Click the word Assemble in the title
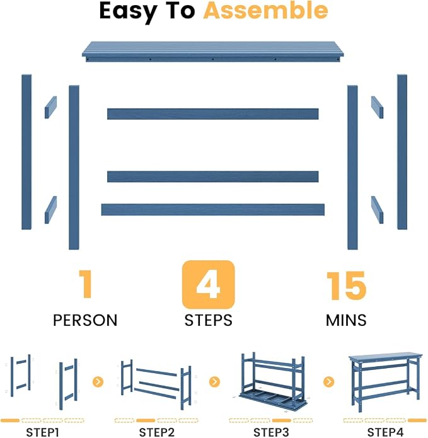pyautogui.click(x=265, y=11)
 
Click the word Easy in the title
pyautogui.click(x=128, y=12)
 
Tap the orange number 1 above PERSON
pyautogui.click(x=85, y=284)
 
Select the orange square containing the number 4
pyautogui.click(x=209, y=284)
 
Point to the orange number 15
pyautogui.click(x=346, y=285)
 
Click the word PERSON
pyautogui.click(x=85, y=320)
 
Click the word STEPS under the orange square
pyautogui.click(x=209, y=320)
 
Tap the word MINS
pyautogui.click(x=346, y=320)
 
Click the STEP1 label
pyautogui.click(x=42, y=432)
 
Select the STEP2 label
pyautogui.click(x=157, y=432)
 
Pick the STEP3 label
pyautogui.click(x=271, y=432)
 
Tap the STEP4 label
pyautogui.click(x=385, y=432)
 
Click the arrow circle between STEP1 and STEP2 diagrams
pyautogui.click(x=98, y=381)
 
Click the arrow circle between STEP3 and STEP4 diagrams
pyautogui.click(x=329, y=381)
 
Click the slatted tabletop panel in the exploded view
pyautogui.click(x=212, y=52)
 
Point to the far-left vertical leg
pyautogui.click(x=26, y=152)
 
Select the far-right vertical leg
pyautogui.click(x=402, y=152)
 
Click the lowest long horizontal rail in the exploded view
pyautogui.click(x=213, y=209)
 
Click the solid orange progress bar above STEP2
pyautogui.click(x=146, y=420)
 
